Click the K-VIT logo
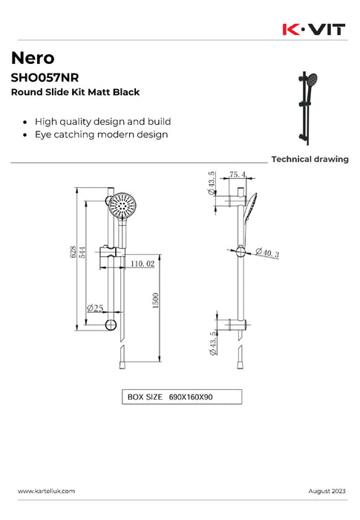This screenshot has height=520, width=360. tap(315, 29)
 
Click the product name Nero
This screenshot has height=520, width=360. tap(32, 59)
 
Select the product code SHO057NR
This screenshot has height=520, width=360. tap(45, 77)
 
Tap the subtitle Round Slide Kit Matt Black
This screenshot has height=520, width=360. tap(75, 92)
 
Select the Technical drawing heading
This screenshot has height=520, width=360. tap(310, 159)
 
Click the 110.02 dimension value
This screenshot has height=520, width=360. tap(141, 264)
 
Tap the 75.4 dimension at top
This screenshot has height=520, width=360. tap(237, 175)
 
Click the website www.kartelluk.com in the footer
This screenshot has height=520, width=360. tap(46, 492)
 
